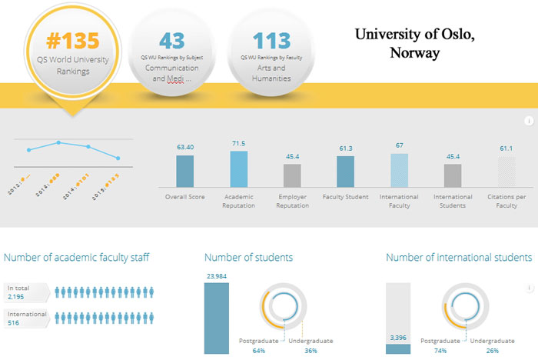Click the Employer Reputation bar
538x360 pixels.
click(x=292, y=175)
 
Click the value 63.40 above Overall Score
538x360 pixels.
click(x=184, y=146)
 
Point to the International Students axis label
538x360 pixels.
click(x=453, y=201)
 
